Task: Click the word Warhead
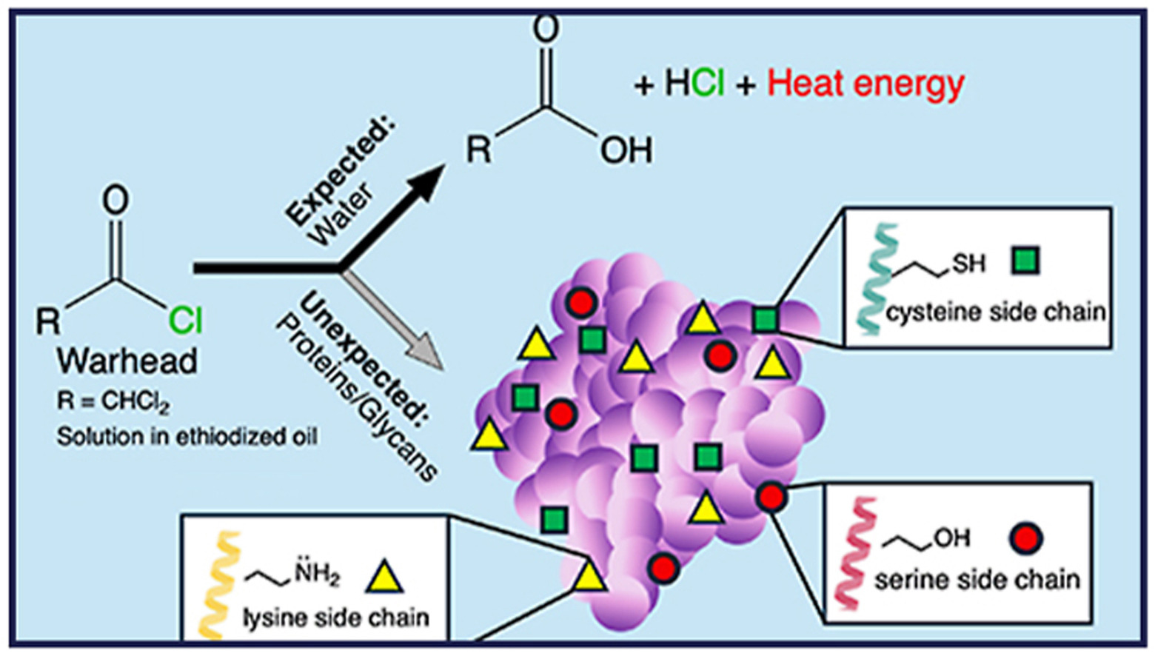(x=128, y=361)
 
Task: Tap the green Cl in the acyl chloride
(x=185, y=320)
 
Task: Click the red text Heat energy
(x=866, y=84)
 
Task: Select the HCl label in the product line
(x=694, y=84)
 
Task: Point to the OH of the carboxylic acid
(x=626, y=151)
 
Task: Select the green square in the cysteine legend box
(x=1025, y=261)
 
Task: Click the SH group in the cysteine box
(x=968, y=263)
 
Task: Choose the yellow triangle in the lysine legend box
(x=385, y=577)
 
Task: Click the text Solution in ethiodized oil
(x=187, y=437)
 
